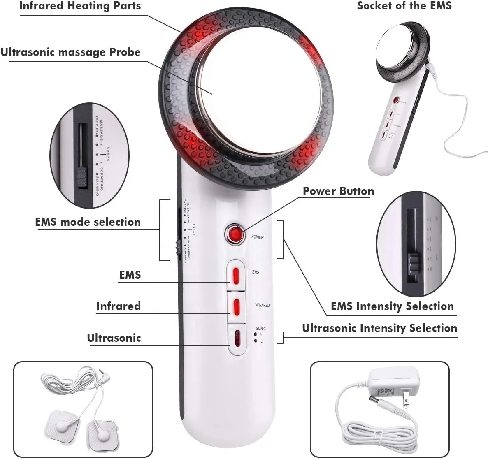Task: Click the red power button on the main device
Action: [x=235, y=234]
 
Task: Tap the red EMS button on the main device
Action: [x=236, y=275]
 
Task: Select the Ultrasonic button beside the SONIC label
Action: [x=236, y=338]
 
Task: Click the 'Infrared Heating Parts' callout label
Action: [x=80, y=6]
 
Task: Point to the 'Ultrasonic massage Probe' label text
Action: [x=70, y=53]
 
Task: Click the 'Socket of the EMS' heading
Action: [x=404, y=6]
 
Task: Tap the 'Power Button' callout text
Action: [x=338, y=191]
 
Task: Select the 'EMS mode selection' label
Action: [x=88, y=222]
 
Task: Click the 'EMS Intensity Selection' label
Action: [x=392, y=306]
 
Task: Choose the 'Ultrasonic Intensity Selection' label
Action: [x=379, y=328]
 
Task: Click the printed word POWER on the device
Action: [x=258, y=237]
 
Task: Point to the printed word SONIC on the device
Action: [x=261, y=329]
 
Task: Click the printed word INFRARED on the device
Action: [x=262, y=305]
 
